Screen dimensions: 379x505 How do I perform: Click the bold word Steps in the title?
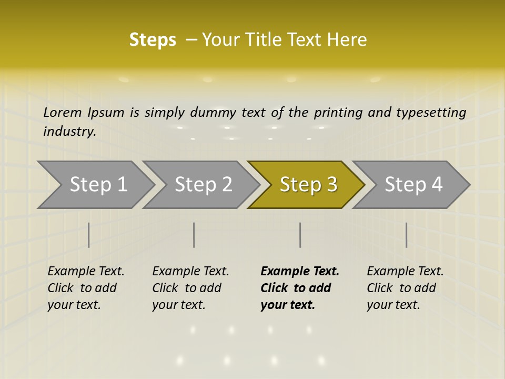point(153,39)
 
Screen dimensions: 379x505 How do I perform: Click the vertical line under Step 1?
point(89,235)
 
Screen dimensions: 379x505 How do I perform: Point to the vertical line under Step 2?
point(194,235)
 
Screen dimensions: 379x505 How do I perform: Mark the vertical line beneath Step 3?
point(300,235)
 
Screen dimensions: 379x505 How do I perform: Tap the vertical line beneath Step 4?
point(406,235)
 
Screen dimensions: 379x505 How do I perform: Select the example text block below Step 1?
point(86,287)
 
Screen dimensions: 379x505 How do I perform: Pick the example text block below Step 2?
point(190,287)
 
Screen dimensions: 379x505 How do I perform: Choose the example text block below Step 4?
point(405,287)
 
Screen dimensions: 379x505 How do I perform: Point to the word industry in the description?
point(69,131)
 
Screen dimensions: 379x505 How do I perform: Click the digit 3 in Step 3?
point(331,184)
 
